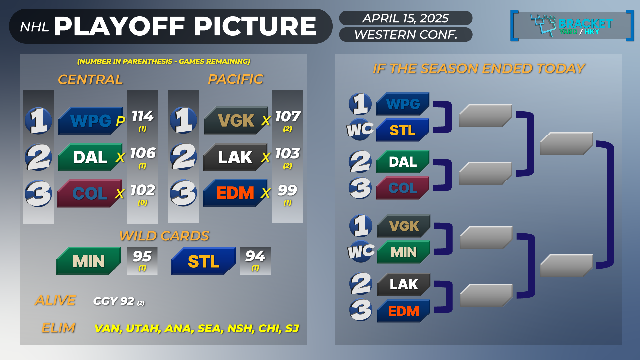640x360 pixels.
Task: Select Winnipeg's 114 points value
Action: [x=143, y=116]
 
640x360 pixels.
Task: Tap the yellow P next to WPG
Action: [x=120, y=121]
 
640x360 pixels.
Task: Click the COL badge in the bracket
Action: [x=403, y=188]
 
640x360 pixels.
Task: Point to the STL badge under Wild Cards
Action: [x=203, y=261]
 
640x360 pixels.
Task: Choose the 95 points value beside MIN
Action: [x=142, y=256]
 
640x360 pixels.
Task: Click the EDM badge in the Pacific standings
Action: [x=235, y=193]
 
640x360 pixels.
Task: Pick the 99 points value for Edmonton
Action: [x=287, y=190]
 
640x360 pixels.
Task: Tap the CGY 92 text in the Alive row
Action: [x=114, y=301]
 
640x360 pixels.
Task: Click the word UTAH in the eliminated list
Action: [x=143, y=328]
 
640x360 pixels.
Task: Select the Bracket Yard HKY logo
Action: [x=572, y=26]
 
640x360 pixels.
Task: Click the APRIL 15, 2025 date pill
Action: [x=406, y=18]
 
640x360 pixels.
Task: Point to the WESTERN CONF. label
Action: [x=406, y=34]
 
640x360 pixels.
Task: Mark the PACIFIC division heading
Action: [x=236, y=79]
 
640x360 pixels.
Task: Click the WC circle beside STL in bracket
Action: [x=360, y=129]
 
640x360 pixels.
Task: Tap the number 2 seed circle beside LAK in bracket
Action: [x=361, y=284]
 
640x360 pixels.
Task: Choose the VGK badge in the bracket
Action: [x=404, y=226]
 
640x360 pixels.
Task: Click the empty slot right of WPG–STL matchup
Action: [x=485, y=116]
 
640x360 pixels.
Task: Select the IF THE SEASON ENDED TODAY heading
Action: [x=479, y=69]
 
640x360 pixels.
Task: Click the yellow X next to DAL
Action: [x=120, y=157]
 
